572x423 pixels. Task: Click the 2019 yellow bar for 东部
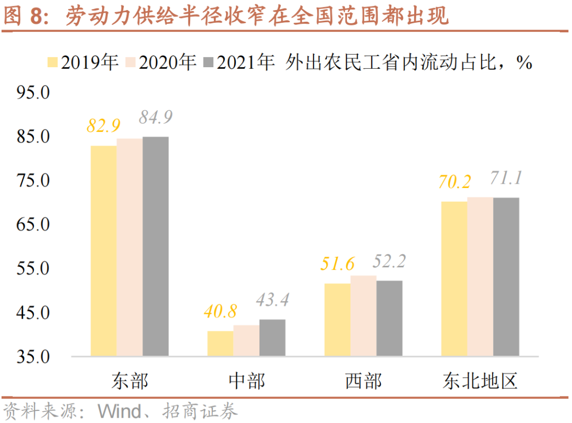[103, 250]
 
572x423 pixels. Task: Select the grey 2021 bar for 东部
[155, 246]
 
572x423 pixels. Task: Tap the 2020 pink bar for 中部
[246, 340]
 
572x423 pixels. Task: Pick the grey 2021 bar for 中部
[272, 337]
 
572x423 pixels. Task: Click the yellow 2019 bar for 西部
[337, 319]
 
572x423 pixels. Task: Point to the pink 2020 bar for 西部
[363, 316]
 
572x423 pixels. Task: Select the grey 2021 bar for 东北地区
[506, 276]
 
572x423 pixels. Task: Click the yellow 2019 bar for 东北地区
[454, 278]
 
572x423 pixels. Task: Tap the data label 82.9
[104, 126]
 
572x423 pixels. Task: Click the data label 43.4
[272, 300]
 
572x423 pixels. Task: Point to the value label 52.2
[389, 261]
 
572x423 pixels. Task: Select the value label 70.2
[454, 182]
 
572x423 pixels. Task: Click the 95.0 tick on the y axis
[33, 93]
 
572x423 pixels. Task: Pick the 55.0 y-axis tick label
[33, 268]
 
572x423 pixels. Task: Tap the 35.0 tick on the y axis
[33, 357]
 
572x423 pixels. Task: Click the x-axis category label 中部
[247, 381]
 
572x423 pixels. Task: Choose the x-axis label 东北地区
[480, 381]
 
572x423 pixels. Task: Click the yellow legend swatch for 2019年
[53, 62]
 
